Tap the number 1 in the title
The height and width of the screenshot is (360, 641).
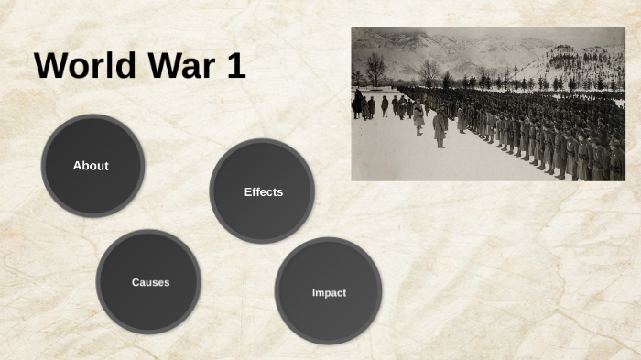(x=235, y=67)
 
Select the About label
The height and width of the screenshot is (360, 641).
(x=91, y=166)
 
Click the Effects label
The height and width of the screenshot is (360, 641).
(x=263, y=191)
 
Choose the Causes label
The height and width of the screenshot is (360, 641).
(x=150, y=282)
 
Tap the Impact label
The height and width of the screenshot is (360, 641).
(x=329, y=292)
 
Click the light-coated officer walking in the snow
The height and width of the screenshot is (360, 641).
(x=418, y=117)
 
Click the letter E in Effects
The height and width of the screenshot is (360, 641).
(x=247, y=191)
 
